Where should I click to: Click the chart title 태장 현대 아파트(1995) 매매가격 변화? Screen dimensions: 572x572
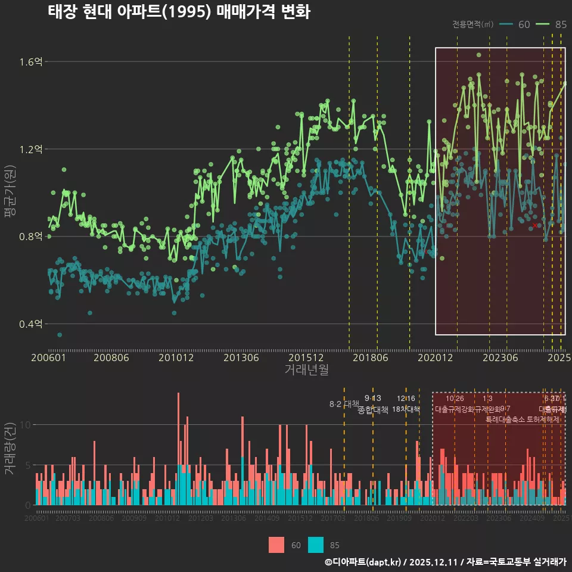pos(179,12)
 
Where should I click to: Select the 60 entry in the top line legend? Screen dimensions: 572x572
pos(516,24)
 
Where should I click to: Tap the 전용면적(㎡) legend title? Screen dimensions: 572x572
pos(472,24)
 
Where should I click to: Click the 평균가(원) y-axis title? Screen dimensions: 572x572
pos(10,192)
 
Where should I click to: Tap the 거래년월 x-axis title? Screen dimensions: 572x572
pos(306,370)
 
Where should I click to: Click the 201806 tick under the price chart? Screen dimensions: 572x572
pos(369,357)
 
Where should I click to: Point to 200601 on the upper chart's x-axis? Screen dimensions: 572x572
pos(48,357)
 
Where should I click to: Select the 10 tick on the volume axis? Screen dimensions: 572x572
pos(26,425)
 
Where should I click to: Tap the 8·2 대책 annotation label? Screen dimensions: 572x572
pos(340,404)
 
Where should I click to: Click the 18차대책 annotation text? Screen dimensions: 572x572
pos(406,409)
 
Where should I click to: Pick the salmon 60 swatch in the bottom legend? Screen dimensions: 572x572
pos(276,545)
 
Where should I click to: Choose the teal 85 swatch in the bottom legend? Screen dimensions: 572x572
pos(316,545)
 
